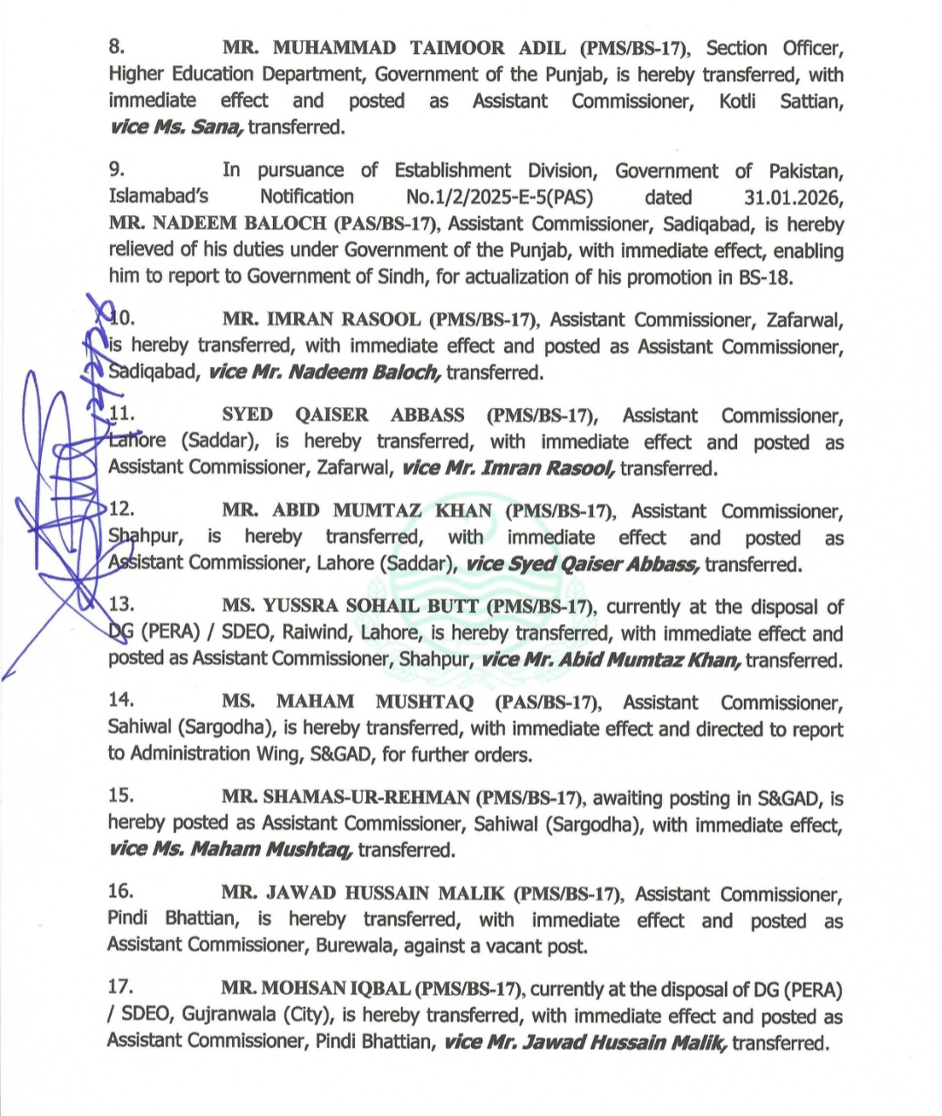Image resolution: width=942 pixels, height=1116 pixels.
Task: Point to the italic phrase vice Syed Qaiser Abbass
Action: [x=583, y=563]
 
